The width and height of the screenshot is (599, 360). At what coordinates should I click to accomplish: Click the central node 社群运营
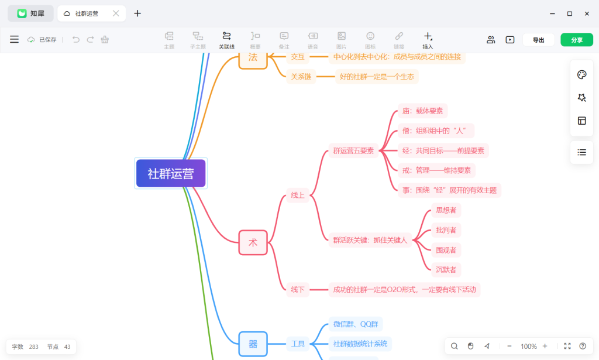(x=171, y=173)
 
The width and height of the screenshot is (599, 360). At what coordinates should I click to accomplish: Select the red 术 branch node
(x=253, y=242)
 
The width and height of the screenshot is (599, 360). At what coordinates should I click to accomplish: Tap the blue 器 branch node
(x=253, y=344)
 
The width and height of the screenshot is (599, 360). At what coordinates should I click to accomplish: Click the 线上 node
(x=298, y=196)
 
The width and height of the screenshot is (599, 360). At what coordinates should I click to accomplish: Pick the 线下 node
(x=298, y=290)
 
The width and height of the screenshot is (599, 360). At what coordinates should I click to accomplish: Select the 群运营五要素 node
(x=353, y=150)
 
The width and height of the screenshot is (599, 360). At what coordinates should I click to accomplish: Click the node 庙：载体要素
(x=422, y=111)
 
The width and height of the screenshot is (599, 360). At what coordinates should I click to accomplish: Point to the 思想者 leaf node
(x=446, y=210)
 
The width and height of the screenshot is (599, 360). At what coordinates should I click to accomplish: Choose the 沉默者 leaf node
(x=446, y=270)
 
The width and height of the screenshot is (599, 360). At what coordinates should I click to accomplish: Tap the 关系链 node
(x=301, y=77)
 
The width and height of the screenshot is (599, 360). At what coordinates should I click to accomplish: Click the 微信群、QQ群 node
(x=356, y=324)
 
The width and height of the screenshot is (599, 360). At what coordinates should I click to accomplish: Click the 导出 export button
(x=538, y=40)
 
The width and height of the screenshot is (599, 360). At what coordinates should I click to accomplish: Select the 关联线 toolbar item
(x=226, y=40)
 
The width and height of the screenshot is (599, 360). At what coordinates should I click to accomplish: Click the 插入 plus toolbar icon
(x=428, y=37)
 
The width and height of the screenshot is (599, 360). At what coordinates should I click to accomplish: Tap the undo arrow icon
(x=76, y=39)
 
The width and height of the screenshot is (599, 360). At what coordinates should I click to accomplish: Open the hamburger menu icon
(x=14, y=39)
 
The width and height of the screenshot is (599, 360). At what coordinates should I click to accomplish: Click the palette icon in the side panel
(x=582, y=74)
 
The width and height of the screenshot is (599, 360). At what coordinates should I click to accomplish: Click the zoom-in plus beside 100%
(x=545, y=346)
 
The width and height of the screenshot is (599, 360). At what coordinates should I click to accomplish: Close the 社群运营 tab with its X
(x=116, y=13)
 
